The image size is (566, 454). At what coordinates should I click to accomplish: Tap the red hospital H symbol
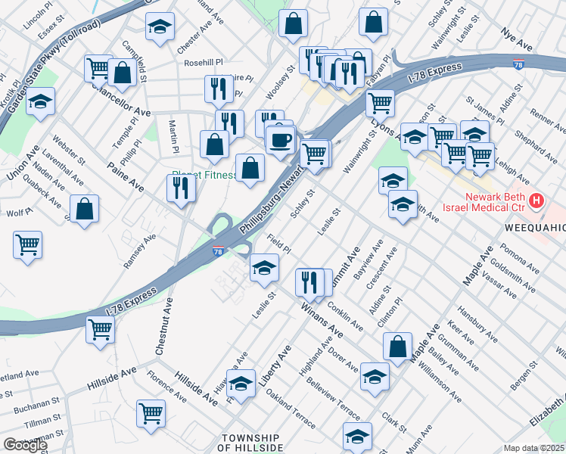pyautogui.click(x=536, y=201)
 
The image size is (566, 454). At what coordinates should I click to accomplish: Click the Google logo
pyautogui.click(x=24, y=445)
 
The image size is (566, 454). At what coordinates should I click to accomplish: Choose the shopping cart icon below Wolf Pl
pyautogui.click(x=27, y=244)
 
